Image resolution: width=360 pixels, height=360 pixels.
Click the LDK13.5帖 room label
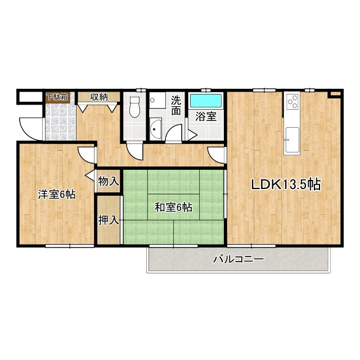pyautogui.click(x=286, y=184)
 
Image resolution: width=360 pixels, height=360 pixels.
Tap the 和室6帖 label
pyautogui.click(x=173, y=208)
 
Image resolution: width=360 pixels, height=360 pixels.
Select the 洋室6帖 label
pyautogui.click(x=57, y=195)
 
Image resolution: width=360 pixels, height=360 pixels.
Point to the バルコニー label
pyautogui.click(x=238, y=259)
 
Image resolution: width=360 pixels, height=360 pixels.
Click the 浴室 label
pyautogui.click(x=206, y=116)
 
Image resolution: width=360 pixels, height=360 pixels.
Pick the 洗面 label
pyautogui.click(x=176, y=105)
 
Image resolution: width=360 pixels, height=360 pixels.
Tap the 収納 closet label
pyautogui.click(x=99, y=97)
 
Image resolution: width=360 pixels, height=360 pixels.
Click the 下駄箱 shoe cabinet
pyautogui.click(x=57, y=97)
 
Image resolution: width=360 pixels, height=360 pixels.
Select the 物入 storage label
pyautogui.click(x=109, y=181)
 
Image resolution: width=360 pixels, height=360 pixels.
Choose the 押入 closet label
pyautogui.click(x=109, y=220)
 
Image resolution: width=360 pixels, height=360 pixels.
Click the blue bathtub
pyautogui.click(x=206, y=100)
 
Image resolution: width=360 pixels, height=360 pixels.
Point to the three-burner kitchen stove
pyautogui.click(x=292, y=101)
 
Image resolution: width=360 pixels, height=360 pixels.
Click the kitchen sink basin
pyautogui.click(x=292, y=141)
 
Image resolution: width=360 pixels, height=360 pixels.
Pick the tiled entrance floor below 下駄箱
pyautogui.click(x=61, y=121)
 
